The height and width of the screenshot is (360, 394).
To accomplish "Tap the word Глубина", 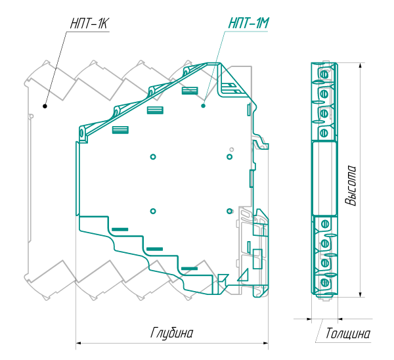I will click(172, 333).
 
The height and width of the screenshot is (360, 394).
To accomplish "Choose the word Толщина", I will click(347, 334).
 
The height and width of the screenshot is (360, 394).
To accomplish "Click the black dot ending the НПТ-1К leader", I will click(45, 104).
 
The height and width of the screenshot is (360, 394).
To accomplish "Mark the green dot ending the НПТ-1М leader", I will click(204, 104).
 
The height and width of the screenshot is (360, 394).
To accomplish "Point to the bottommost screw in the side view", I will click(324, 284).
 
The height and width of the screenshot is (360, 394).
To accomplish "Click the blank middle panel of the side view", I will click(324, 177).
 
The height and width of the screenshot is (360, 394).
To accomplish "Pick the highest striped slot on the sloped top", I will click(190, 91).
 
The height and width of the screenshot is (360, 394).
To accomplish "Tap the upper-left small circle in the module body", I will click(152, 156).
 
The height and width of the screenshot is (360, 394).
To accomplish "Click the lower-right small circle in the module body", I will click(229, 211).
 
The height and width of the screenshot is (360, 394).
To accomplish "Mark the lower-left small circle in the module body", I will click(152, 211).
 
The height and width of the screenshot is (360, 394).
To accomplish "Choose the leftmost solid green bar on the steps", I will click(120, 229).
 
